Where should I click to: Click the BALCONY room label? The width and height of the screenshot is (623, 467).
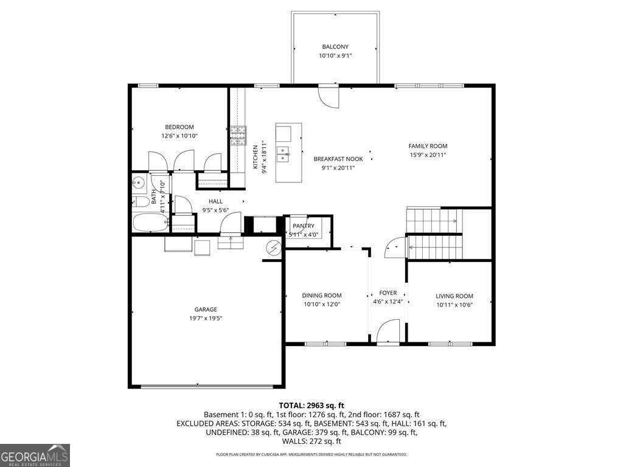(x=335, y=47)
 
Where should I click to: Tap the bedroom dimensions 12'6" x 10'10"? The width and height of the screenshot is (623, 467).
(x=179, y=136)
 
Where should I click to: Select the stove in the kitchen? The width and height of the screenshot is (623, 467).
(x=238, y=136)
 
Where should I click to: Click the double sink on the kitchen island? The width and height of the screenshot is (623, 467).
(x=283, y=154)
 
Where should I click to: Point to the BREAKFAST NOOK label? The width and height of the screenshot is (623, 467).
(x=338, y=159)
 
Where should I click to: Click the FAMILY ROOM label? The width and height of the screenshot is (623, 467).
(x=428, y=146)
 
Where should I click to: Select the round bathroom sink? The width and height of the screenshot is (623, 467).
(x=139, y=183)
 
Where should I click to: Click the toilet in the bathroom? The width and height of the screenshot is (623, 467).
(x=139, y=202)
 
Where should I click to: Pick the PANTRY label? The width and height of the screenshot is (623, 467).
(x=304, y=226)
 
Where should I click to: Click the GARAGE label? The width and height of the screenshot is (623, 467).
(x=206, y=310)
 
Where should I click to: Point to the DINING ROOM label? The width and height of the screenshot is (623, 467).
(x=321, y=296)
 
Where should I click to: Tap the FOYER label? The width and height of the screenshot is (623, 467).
(x=388, y=293)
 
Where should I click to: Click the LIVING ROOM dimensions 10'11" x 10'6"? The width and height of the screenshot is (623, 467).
(x=454, y=305)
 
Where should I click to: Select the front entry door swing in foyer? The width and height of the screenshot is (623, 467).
(x=388, y=331)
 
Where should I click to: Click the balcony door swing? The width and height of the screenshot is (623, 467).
(x=329, y=97)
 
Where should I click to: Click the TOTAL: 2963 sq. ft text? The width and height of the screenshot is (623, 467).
(x=311, y=406)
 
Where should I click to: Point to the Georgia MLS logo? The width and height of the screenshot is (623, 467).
(x=35, y=455)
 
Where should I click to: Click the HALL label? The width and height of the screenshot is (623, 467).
(x=216, y=202)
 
